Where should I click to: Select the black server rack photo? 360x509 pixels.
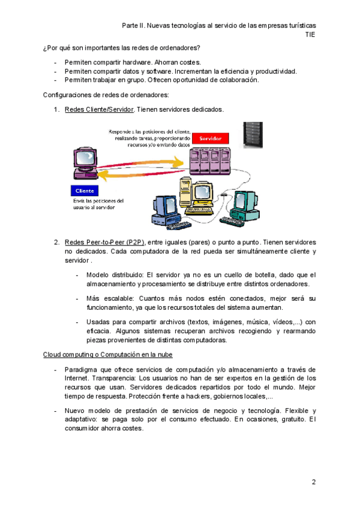[x=253, y=134]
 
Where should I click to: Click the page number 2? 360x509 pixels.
[x=313, y=482]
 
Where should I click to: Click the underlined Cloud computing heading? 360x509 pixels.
[x=109, y=355]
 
